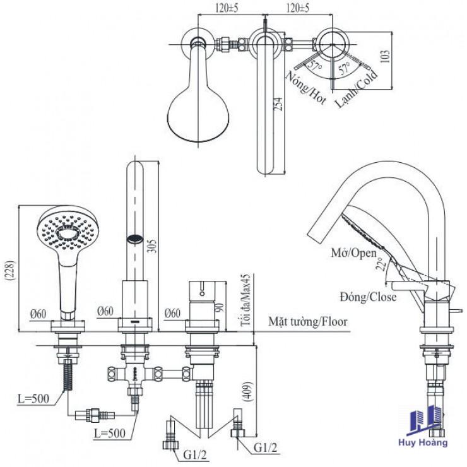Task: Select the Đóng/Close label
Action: (368, 297)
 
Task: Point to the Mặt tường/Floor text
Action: (307, 322)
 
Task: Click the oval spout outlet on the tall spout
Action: (135, 239)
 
